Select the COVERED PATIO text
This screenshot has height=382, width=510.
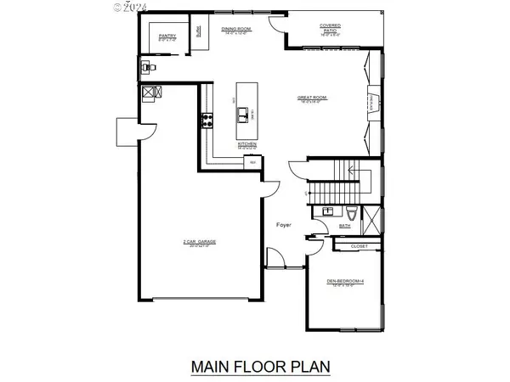click(331, 29)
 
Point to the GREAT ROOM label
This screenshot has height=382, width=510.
click(312, 98)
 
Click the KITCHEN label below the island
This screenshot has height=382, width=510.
click(247, 143)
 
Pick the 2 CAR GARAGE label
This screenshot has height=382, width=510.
click(200, 242)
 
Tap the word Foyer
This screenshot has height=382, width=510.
click(285, 224)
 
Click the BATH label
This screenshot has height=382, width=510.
click(344, 227)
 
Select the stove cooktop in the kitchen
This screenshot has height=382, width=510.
click(205, 120)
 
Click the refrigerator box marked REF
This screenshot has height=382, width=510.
click(251, 160)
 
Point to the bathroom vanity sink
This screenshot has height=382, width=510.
click(326, 211)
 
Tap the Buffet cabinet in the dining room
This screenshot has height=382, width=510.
click(198, 37)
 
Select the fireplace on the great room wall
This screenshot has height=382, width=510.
click(371, 102)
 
